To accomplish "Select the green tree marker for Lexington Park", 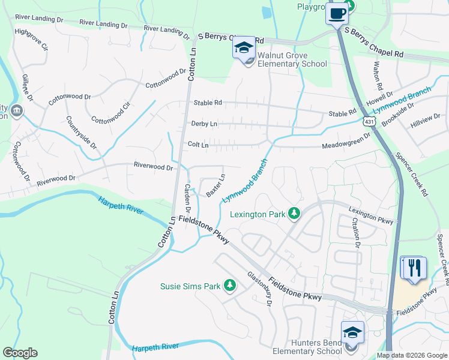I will tap(294, 213).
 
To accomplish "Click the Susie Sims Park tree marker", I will tap(229, 286).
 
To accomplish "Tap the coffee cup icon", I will tap(337, 13).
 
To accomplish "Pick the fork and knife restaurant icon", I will tap(414, 268).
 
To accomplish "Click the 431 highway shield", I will tap(366, 121).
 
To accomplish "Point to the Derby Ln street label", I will tap(203, 124).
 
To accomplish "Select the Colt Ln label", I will tap(198, 145).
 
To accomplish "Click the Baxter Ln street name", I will tap(215, 185).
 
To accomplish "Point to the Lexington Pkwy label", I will tap(371, 215).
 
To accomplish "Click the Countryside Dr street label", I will tap(82, 132).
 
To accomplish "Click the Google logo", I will tap(20, 353).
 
